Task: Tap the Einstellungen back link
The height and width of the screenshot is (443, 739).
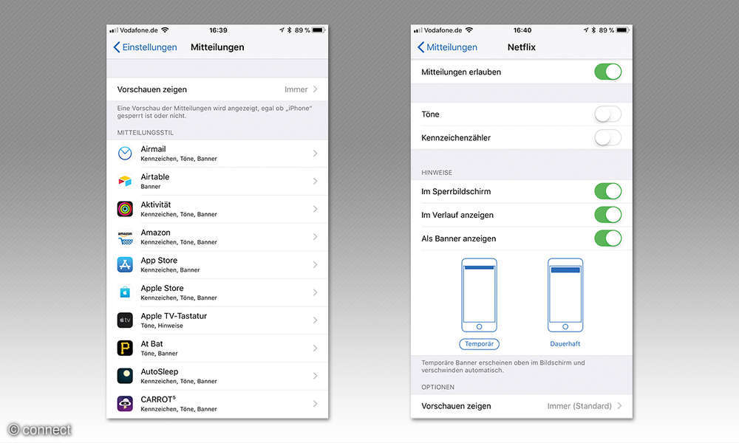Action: point(145,47)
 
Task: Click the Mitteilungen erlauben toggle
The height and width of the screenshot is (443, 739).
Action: point(607,72)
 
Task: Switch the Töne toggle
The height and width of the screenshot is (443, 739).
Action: point(607,114)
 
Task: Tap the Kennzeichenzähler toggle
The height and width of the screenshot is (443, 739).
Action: point(607,138)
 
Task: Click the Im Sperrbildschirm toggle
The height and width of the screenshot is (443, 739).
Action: point(607,192)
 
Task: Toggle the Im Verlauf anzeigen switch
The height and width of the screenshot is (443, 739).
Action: point(607,215)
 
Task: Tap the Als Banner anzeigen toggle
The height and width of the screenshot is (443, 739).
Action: point(607,238)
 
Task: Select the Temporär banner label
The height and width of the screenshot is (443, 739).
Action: point(479,344)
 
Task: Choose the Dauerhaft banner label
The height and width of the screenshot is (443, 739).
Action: point(565,344)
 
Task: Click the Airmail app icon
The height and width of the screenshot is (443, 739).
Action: point(125,154)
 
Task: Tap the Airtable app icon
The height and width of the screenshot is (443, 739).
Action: point(125,181)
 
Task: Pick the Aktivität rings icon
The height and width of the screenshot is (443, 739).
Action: point(125,209)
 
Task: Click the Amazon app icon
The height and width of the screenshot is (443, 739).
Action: point(125,237)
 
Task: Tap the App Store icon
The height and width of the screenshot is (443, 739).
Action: point(125,264)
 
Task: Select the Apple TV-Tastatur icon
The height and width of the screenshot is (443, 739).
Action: point(125,320)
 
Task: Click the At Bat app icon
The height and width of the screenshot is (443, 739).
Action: point(125,348)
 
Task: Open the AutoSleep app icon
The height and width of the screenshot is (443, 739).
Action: point(125,376)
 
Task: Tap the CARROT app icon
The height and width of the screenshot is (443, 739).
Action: point(125,403)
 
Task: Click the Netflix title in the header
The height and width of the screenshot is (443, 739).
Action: point(521,47)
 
